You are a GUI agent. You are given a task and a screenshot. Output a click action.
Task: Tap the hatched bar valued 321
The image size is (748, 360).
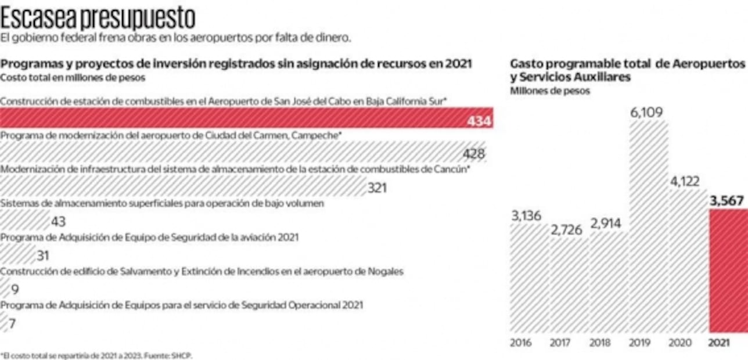coord(183,186)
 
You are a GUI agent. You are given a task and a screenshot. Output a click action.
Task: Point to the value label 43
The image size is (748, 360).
coord(58,221)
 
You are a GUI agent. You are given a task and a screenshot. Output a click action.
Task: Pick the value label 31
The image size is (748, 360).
coord(42,255)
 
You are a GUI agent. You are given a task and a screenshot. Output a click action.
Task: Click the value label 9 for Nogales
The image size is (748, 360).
coord(15,289)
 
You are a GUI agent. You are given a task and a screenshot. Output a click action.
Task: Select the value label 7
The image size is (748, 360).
coord(12,323)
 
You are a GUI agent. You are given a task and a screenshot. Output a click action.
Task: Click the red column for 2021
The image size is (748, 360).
coord(728,271)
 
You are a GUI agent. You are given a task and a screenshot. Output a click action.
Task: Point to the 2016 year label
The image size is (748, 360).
coord(520,343)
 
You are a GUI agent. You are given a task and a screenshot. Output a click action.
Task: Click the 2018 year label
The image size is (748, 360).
coord(600,343)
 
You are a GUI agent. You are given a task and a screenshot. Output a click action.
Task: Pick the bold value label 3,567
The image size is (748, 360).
coord(727,201)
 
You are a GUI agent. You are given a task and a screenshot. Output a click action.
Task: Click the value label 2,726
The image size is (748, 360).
coord(566,229)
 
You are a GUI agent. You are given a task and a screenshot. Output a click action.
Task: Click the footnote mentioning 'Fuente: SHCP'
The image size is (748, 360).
coord(96,355)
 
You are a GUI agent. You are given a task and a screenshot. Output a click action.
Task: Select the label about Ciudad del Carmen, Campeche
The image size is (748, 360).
coord(171,135)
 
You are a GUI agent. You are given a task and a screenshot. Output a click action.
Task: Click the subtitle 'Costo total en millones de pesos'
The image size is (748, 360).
coord(73,77)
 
